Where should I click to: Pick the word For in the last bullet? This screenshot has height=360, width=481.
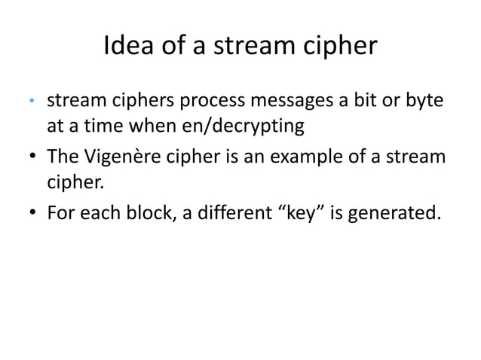(x=61, y=215)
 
